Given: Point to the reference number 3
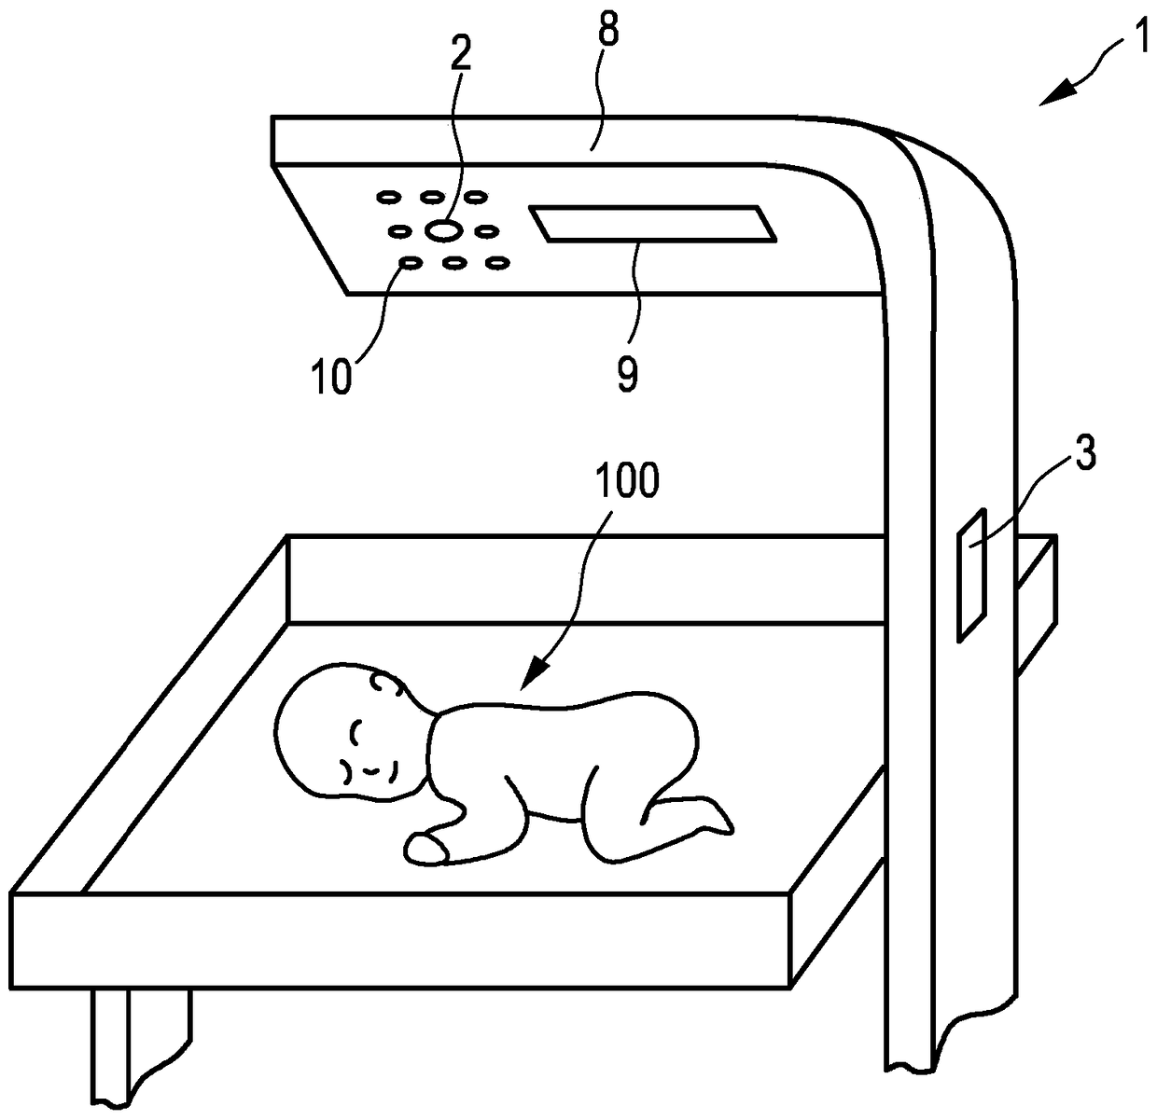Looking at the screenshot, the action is [x=1082, y=458].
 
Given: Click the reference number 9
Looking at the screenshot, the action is [x=627, y=375].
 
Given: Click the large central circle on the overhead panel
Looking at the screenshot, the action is [x=443, y=229].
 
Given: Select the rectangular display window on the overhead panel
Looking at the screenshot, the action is [x=653, y=225].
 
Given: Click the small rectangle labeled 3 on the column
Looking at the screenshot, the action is [x=971, y=574].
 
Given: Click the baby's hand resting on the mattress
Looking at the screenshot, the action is [x=425, y=847].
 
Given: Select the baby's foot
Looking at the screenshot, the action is [x=714, y=818].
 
